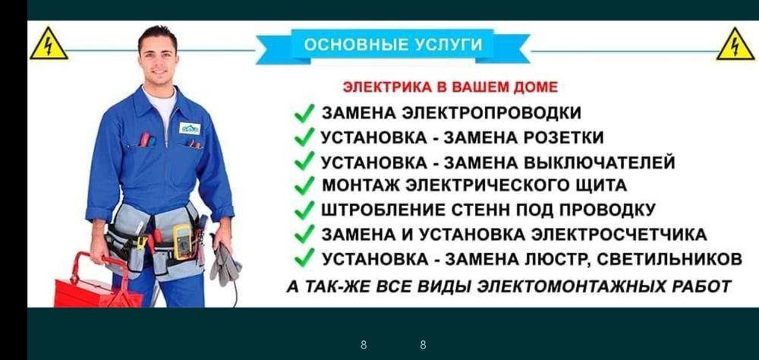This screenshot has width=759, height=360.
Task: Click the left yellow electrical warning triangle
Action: point(49,45)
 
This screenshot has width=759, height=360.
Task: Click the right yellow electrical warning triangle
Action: point(735,45)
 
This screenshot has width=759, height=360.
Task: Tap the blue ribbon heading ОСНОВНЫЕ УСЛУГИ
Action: point(393,46)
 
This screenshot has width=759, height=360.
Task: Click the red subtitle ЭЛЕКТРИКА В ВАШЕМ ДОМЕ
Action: point(450,87)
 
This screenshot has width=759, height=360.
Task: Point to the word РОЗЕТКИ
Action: point(565,137)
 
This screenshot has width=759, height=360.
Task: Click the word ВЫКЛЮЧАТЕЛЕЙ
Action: point(600,162)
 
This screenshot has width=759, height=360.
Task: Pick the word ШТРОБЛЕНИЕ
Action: point(383,210)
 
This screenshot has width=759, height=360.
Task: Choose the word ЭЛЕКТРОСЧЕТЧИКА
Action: point(619,235)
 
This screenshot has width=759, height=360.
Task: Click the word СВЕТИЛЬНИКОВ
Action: point(669,259)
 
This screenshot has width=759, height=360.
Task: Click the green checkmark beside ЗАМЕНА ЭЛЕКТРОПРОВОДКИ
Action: point(304,113)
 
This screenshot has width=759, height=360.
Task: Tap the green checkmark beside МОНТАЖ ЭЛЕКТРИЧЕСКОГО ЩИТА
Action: point(304,185)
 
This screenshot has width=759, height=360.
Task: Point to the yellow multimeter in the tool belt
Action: point(181,242)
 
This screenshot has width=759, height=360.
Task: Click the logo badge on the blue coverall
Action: point(189,128)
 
